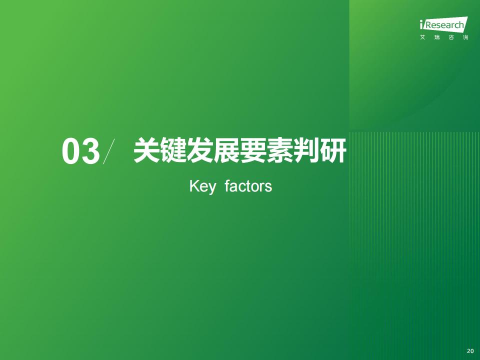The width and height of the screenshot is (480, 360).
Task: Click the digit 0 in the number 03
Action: point(71,151)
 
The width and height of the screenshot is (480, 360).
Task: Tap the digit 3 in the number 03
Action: point(90,151)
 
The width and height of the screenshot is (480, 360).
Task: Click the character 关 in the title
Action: point(146,150)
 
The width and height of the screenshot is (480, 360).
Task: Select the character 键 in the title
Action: point(173,150)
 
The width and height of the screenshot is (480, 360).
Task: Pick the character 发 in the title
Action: point(200,150)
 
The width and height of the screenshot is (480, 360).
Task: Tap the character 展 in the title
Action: point(226,150)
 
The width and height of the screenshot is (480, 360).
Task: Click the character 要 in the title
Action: point(253,150)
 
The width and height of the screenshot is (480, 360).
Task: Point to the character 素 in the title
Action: point(280,150)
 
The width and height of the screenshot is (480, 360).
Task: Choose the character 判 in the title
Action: point(306,150)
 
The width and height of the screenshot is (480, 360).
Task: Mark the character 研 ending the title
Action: point(333,150)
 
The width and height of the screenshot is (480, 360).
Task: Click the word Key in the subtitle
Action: point(202,186)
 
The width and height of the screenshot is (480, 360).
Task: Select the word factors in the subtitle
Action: point(248,186)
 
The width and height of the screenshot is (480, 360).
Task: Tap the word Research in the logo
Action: point(444,25)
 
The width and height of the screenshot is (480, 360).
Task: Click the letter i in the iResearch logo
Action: point(421,24)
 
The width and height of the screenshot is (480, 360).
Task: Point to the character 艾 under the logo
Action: point(423,37)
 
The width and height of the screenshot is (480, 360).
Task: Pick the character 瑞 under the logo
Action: point(437,37)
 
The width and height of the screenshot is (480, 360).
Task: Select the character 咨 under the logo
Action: point(451,37)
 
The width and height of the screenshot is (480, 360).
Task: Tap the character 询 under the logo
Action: point(465,37)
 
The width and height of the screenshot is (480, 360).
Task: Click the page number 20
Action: point(470,351)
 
